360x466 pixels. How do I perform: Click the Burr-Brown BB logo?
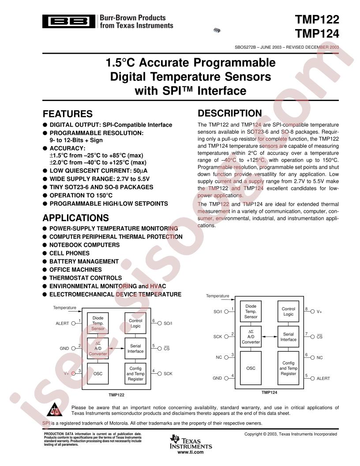69,21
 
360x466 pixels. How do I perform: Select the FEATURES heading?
67,114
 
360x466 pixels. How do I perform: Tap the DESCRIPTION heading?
230,113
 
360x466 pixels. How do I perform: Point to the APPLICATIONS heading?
75,218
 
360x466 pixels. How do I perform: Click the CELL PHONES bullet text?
69,253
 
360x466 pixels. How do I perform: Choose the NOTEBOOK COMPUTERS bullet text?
84,245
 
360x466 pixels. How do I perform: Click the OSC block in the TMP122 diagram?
98,374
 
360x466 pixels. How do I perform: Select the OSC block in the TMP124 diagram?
251,368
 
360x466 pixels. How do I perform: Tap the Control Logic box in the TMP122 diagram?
135,323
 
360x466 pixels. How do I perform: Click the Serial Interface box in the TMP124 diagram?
289,337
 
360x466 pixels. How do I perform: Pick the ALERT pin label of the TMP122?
62,323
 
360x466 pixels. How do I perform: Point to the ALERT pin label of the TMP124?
323,378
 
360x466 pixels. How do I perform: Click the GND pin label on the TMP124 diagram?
217,378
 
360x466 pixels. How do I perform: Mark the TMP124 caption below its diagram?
269,391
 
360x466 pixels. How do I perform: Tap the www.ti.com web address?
190,452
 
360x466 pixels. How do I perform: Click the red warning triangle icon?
56,411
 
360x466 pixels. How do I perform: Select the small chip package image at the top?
217,30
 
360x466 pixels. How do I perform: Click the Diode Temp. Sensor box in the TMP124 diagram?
251,312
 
